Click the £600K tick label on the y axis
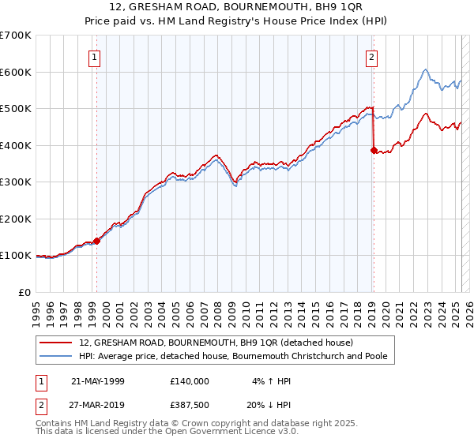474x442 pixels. pos(15,72)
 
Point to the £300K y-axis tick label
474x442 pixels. pos(15,182)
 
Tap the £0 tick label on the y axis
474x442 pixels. pos(25,293)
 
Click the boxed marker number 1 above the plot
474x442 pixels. pos(95,57)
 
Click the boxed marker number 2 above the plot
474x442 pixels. pos(371,57)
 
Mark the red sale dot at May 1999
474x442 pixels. pos(96,241)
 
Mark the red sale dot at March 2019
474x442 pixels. pos(373,150)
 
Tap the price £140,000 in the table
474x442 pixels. pos(189,381)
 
